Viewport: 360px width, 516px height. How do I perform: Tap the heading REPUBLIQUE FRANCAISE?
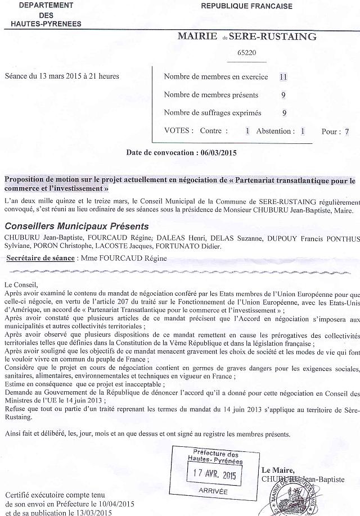pyautogui.click(x=247, y=6)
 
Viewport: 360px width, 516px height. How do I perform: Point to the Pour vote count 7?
pyautogui.click(x=347, y=132)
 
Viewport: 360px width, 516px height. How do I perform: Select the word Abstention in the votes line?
pyautogui.click(x=275, y=131)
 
